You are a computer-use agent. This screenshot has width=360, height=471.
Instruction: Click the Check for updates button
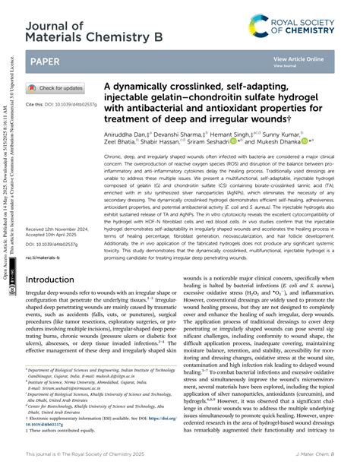55,88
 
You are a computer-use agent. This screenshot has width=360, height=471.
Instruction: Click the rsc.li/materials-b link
48,236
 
